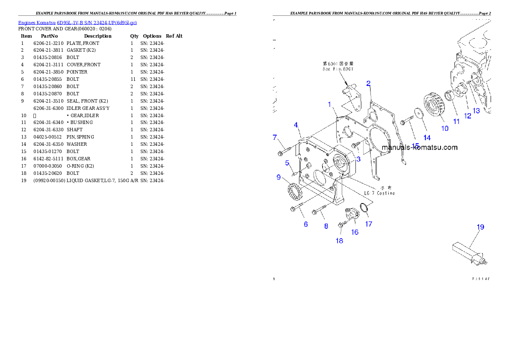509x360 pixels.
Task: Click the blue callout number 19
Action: tap(480, 227)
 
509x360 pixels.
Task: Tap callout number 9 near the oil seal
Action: tap(278, 177)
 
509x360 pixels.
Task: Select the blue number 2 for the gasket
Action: tap(368, 83)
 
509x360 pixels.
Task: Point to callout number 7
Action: tap(275, 137)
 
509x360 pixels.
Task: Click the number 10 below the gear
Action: tap(445, 128)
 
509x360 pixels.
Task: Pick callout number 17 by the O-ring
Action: tap(368, 224)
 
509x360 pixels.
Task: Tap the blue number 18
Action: tap(339, 241)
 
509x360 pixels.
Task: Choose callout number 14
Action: tap(427, 137)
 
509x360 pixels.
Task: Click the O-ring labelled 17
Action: tap(362, 208)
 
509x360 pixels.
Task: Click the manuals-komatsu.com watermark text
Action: tap(419, 148)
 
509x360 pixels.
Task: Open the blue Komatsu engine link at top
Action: tap(77, 22)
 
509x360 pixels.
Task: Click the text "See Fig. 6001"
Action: tap(338, 68)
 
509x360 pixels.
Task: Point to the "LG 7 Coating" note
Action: tap(379, 193)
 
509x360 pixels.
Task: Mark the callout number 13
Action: tap(476, 110)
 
